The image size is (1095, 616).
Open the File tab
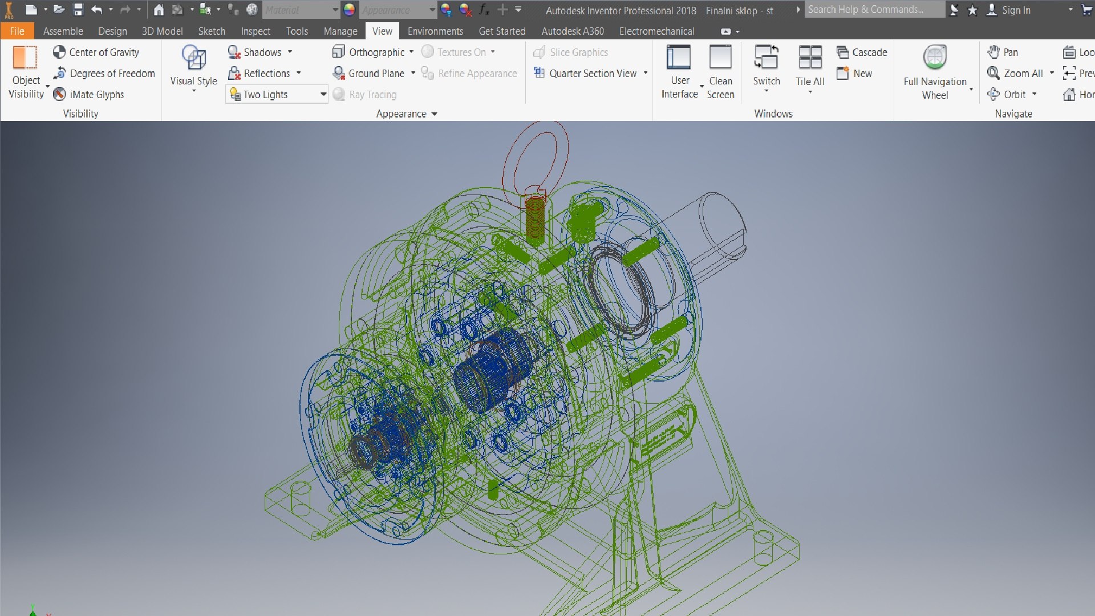(17, 31)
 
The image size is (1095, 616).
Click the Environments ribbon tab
(435, 31)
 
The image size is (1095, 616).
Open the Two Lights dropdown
(323, 95)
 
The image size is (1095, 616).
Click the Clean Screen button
(720, 71)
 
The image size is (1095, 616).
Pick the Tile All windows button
(810, 66)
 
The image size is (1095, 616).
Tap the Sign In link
(1016, 10)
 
